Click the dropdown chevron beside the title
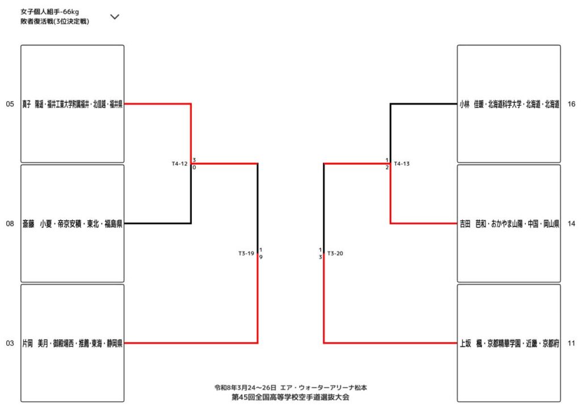115,16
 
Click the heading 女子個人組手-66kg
49,11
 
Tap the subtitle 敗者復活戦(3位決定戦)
54,22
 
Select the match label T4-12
179,164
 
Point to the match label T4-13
402,164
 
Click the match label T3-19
246,254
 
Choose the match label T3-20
335,254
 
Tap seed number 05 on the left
10,104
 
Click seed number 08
10,224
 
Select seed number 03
10,343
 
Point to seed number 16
571,104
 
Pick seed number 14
571,224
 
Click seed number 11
571,343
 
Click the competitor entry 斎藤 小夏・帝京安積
72,224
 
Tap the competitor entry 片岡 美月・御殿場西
72,343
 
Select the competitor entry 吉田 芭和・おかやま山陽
509,224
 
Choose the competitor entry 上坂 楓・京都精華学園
509,343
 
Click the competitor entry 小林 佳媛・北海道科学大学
509,104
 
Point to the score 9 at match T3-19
260,257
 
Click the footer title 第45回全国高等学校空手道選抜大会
290,397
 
